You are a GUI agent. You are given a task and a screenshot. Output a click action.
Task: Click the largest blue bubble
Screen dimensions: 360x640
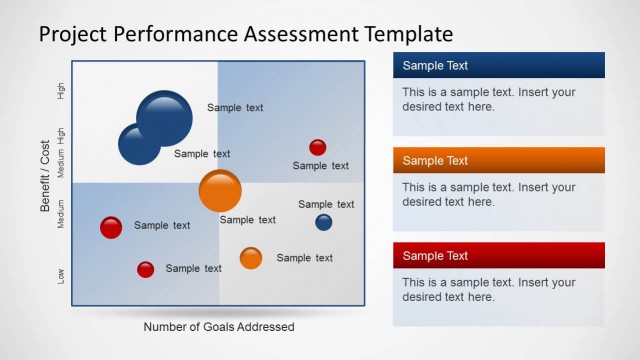(164, 118)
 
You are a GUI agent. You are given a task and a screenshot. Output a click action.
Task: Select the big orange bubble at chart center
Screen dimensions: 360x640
(220, 191)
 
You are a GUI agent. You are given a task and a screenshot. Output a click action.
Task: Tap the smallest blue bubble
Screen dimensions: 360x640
(324, 222)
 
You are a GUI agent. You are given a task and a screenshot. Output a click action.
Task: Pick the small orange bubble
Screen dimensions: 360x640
(251, 258)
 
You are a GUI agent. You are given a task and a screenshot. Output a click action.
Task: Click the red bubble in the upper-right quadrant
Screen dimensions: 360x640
(317, 148)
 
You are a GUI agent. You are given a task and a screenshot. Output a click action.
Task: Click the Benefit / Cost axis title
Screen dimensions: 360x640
(45, 176)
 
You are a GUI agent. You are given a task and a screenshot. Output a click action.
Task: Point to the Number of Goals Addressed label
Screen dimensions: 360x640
(219, 326)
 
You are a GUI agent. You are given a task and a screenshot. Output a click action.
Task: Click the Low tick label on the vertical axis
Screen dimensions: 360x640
(62, 275)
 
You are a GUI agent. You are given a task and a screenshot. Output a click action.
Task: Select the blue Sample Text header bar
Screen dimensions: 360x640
(498, 66)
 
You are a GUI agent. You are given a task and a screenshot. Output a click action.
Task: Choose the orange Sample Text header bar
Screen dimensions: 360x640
(498, 161)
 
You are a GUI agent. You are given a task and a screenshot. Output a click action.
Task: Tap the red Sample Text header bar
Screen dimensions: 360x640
(498, 256)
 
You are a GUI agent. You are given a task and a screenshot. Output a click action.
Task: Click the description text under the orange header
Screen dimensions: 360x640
(488, 194)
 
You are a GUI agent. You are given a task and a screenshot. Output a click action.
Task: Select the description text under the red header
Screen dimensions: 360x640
(488, 289)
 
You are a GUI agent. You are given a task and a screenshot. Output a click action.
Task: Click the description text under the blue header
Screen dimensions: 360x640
(488, 99)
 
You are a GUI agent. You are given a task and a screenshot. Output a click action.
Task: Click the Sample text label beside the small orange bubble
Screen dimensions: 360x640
(305, 258)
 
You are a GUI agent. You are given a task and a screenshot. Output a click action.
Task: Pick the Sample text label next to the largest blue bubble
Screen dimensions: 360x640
(235, 107)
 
